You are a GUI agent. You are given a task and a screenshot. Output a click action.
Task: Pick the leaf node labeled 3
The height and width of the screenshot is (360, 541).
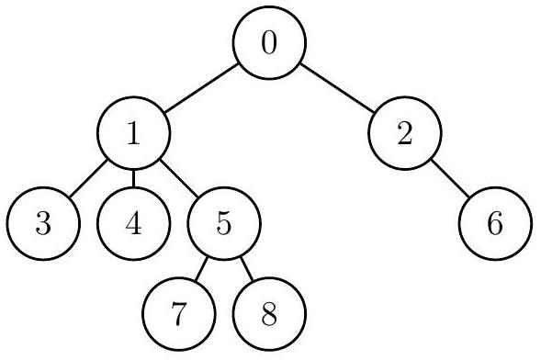click(x=43, y=225)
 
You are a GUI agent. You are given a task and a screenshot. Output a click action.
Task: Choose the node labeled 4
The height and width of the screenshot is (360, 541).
click(x=134, y=225)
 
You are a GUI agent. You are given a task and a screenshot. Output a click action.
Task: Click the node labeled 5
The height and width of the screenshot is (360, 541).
click(x=224, y=225)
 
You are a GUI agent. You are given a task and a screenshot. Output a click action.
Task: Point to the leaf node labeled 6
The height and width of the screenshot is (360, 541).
click(x=495, y=225)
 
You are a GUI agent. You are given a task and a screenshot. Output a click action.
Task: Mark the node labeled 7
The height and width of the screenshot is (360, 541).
click(x=179, y=315)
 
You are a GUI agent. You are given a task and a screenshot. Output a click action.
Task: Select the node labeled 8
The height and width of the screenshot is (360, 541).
click(x=269, y=315)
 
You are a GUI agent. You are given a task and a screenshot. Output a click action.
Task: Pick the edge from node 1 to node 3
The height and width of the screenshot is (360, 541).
click(x=89, y=181)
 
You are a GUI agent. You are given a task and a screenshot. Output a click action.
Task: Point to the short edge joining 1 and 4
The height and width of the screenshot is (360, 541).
click(x=134, y=181)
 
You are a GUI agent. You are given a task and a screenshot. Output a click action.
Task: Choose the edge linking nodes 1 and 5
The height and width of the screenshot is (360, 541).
click(x=179, y=181)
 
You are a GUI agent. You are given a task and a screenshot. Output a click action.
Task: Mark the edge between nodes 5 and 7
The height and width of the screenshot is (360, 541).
click(x=202, y=270)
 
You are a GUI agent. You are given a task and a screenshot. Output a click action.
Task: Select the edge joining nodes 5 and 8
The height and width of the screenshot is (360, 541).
click(x=246, y=270)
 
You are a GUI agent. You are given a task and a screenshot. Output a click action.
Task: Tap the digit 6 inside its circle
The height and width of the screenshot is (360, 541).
click(x=495, y=225)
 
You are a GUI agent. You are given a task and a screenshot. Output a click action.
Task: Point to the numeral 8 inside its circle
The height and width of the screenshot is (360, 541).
click(x=269, y=315)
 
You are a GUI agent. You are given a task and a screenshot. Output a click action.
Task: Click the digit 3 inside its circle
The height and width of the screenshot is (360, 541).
click(x=43, y=225)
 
